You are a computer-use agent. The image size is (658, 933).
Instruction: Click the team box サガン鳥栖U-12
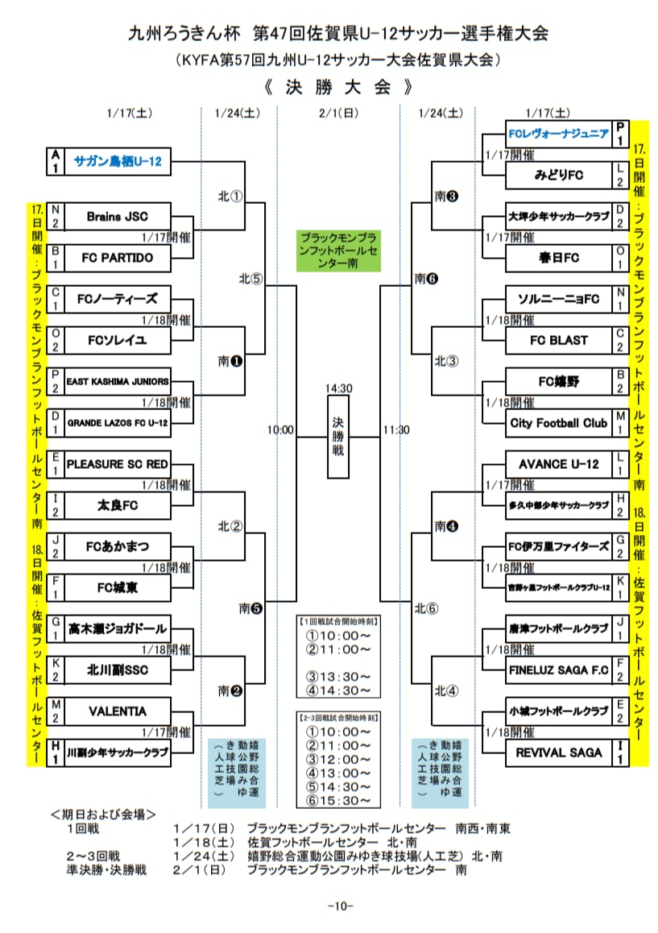pos(118,161)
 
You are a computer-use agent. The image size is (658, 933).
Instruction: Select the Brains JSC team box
pos(118,216)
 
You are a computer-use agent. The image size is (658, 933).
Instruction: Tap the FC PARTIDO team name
pos(118,258)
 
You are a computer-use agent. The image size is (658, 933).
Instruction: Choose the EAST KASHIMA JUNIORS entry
pos(118,381)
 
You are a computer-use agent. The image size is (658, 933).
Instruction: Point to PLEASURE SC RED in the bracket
pos(118,464)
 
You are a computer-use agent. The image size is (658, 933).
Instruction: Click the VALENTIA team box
pos(118,711)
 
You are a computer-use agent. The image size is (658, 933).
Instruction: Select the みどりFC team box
pos(557,175)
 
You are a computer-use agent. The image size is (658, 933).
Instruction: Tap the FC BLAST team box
pos(557,340)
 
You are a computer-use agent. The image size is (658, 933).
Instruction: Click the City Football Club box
pos(557,422)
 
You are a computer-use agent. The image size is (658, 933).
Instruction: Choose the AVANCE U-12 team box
pos(557,464)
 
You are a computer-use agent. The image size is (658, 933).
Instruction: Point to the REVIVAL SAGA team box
pos(557,753)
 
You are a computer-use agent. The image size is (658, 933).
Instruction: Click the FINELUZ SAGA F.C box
pos(557,670)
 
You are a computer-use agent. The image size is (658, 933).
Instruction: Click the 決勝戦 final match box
pos(339,437)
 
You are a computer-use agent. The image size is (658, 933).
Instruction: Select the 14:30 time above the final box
pos(339,388)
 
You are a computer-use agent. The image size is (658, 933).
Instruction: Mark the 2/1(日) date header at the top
pos(338,113)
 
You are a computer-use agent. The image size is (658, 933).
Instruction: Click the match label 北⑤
pos(250,279)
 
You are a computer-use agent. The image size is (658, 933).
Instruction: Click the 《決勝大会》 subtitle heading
pos(338,86)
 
